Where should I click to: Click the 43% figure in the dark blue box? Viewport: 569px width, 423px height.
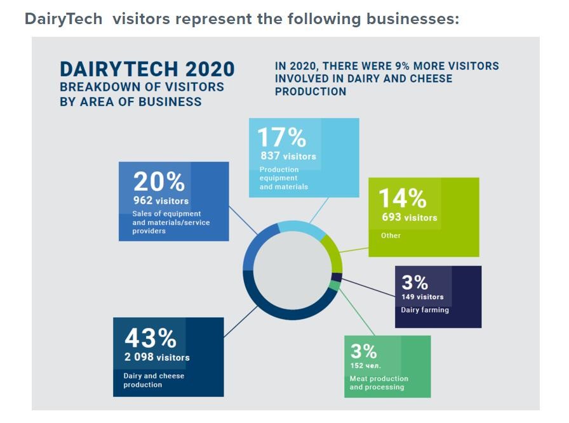(150, 339)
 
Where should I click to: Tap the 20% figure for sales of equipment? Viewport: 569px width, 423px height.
(159, 182)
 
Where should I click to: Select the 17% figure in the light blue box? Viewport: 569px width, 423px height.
(281, 138)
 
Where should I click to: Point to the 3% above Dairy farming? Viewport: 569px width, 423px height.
(415, 282)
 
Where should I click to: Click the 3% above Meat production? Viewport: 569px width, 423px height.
(363, 351)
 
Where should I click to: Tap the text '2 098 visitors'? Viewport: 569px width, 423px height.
(157, 358)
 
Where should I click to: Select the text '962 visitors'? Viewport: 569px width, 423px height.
(161, 201)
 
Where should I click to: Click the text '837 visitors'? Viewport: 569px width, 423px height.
(288, 156)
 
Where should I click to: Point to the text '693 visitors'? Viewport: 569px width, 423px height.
(409, 218)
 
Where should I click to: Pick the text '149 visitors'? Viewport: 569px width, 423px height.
(422, 297)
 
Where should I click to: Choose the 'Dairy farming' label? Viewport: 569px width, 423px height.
(425, 310)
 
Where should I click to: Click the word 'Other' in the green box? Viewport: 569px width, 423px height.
(391, 236)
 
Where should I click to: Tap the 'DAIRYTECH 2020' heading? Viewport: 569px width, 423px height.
(147, 69)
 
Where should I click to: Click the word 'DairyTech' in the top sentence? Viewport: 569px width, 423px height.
(64, 19)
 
